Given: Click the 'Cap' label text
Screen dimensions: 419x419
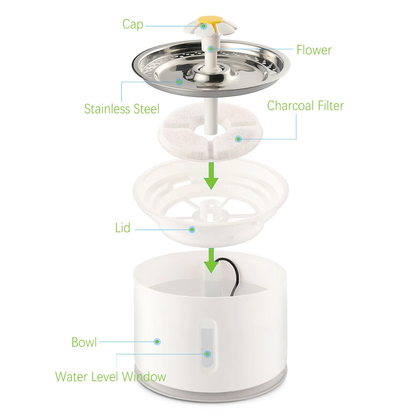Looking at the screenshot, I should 132,24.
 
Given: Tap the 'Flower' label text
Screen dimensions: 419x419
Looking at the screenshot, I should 314,50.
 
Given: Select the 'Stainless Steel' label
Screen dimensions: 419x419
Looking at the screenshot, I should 122,109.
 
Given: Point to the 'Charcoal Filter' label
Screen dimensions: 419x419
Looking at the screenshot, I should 305,105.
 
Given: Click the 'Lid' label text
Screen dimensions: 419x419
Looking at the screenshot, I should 123,228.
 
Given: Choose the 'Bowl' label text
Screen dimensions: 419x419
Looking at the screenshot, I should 84,342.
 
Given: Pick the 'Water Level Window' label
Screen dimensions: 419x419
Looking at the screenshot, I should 111,377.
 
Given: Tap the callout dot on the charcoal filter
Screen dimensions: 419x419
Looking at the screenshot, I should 238,139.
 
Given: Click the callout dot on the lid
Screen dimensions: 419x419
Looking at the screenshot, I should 192,229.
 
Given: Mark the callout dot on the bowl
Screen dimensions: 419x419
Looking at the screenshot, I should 157,342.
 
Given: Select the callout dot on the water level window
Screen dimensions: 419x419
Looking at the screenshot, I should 207,354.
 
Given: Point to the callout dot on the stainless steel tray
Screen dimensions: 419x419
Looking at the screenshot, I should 179,82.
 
